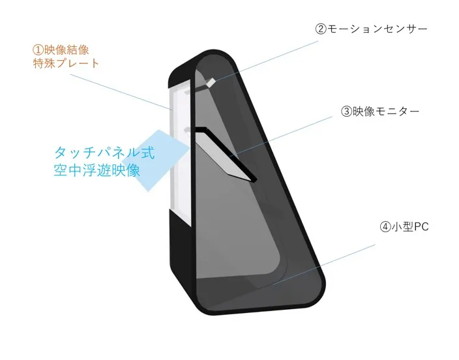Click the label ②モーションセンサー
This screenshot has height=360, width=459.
(371, 29)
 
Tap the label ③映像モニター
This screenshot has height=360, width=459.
(380, 112)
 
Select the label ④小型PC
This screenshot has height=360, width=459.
(404, 226)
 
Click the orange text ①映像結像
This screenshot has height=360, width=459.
(61, 50)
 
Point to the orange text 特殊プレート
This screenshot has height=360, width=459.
(66, 63)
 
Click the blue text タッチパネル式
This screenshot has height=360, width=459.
(104, 153)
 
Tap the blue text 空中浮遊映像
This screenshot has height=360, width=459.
(97, 170)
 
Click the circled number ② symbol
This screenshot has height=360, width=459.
(321, 29)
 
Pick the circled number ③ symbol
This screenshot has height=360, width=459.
(347, 112)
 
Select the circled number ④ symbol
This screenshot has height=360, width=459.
(385, 227)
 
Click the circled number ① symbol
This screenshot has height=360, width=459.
(38, 50)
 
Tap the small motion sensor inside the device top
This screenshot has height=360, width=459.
(211, 82)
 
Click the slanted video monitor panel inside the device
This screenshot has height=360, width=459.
(223, 155)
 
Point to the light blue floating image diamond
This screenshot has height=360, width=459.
(155, 161)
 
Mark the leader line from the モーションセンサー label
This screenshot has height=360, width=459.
(267, 61)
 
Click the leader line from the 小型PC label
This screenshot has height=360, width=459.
(324, 265)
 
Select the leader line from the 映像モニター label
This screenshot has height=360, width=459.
(281, 136)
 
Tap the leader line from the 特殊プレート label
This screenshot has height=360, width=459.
(121, 92)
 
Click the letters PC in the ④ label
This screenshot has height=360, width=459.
(421, 227)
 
